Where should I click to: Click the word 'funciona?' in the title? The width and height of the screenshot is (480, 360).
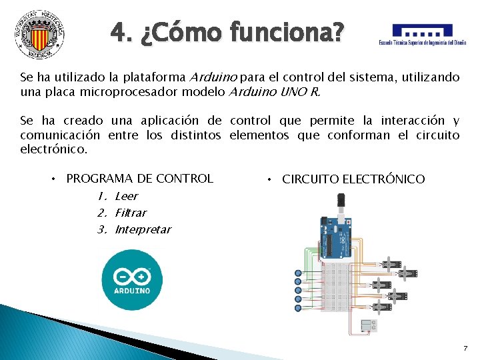291,31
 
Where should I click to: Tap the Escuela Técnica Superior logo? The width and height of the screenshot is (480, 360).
422,35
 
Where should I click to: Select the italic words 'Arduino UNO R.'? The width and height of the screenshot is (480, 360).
275,93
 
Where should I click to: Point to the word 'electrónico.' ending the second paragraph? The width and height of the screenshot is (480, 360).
54,149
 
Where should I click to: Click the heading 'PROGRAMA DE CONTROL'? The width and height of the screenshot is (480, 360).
140,178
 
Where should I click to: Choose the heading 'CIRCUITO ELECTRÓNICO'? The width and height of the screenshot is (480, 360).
353,179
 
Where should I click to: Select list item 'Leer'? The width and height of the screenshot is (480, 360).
126,196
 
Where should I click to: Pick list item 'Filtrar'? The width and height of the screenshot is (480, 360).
131,213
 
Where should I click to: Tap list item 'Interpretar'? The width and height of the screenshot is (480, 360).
143,229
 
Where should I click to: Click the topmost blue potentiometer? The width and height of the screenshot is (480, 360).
297,273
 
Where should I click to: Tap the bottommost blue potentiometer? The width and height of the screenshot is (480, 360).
297,307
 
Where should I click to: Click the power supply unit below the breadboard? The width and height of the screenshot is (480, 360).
367,325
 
